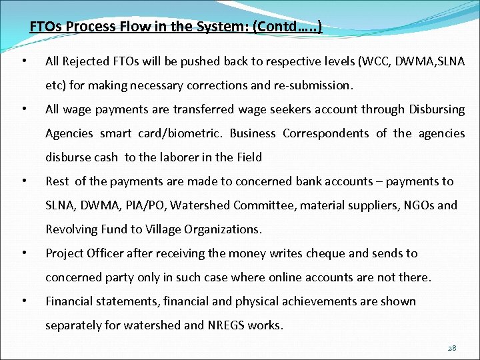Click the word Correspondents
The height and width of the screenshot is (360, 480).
[326, 133]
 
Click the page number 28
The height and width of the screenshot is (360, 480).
[452, 347]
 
